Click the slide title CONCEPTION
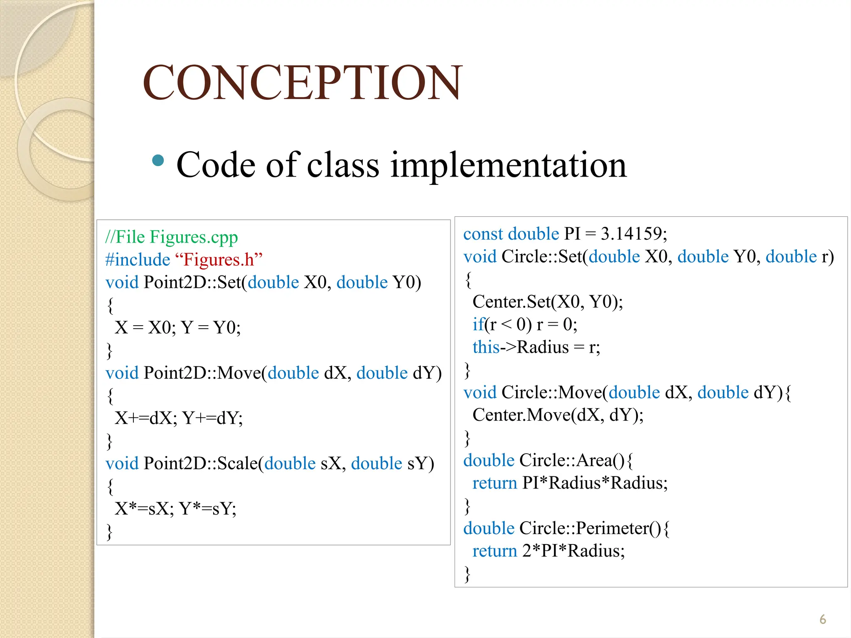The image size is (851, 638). pyautogui.click(x=303, y=83)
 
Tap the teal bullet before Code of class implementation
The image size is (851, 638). pyautogui.click(x=158, y=160)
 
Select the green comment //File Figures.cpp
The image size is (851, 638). pyautogui.click(x=172, y=237)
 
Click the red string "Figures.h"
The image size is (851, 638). pyautogui.click(x=219, y=260)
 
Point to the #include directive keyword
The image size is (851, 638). pyautogui.click(x=138, y=260)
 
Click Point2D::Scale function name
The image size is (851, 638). pyautogui.click(x=201, y=464)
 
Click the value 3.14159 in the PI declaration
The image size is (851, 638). pyautogui.click(x=634, y=234)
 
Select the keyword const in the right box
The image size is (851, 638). pyautogui.click(x=483, y=234)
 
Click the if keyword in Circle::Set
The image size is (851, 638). pyautogui.click(x=478, y=324)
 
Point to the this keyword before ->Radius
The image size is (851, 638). pyautogui.click(x=486, y=347)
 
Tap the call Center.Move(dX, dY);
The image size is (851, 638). pyautogui.click(x=558, y=415)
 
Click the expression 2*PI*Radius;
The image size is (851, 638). pyautogui.click(x=573, y=551)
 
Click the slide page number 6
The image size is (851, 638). pyautogui.click(x=823, y=619)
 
